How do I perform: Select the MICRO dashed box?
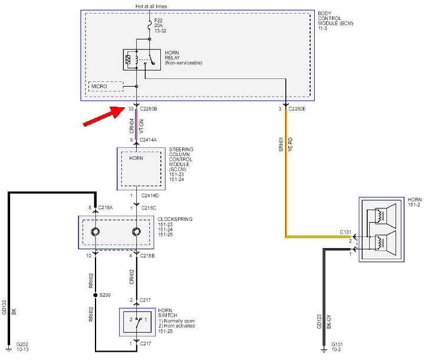coord(105,87)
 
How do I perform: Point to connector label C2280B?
coord(150,109)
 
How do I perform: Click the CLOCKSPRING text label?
coord(175,219)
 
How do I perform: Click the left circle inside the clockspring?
coord(95,232)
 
